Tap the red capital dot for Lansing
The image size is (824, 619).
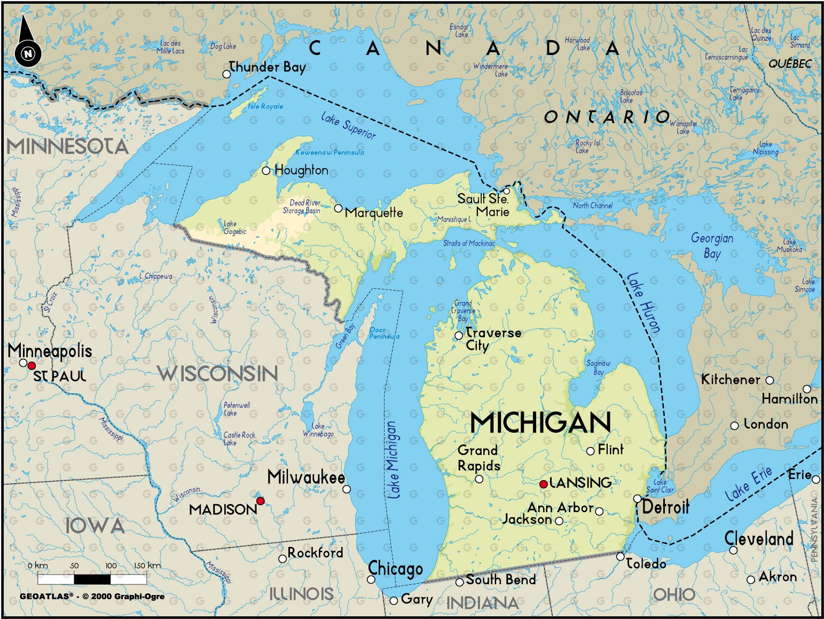tap(543, 484)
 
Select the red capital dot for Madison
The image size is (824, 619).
tap(260, 500)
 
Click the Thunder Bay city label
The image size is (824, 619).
tap(267, 67)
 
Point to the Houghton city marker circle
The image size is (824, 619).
tap(266, 170)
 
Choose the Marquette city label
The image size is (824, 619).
tap(374, 213)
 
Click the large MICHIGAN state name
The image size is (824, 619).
tap(540, 423)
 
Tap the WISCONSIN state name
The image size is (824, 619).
tap(218, 373)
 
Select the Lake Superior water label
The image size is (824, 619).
tap(348, 126)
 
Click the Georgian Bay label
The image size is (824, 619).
tap(712, 245)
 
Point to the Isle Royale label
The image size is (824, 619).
tap(265, 106)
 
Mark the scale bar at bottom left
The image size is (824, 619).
tap(92, 579)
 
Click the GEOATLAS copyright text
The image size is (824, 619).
tap(92, 596)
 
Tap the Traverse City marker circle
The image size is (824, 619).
tap(458, 335)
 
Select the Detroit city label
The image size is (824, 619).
tap(665, 506)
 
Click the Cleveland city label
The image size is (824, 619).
tap(758, 538)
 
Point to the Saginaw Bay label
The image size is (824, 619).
tap(598, 367)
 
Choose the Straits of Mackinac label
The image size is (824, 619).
tap(469, 244)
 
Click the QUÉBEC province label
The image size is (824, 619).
tap(790, 64)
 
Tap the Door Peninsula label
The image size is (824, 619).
tap(384, 333)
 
